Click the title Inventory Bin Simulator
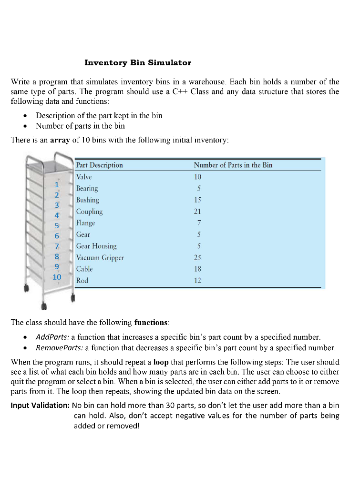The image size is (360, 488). (138, 62)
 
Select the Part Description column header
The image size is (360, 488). (100, 165)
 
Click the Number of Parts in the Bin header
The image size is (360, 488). (233, 165)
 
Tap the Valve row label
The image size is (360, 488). (84, 177)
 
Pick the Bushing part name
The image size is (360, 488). (88, 200)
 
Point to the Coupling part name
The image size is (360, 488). (90, 212)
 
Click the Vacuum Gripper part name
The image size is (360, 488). (100, 258)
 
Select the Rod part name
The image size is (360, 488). (82, 281)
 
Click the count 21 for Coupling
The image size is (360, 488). (198, 212)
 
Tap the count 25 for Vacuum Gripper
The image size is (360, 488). (198, 258)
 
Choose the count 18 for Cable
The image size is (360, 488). (198, 269)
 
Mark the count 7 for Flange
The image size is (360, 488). (199, 223)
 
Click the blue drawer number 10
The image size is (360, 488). (57, 277)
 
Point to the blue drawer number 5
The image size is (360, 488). (57, 225)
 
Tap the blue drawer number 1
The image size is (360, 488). (57, 184)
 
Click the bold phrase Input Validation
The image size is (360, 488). (41, 406)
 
